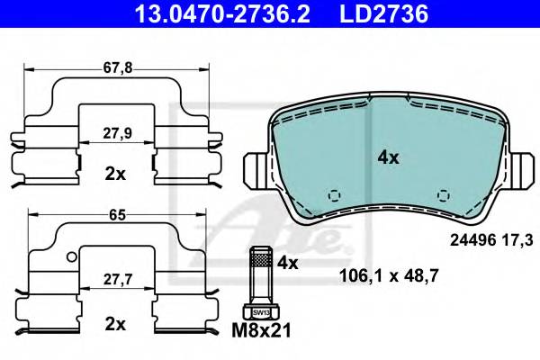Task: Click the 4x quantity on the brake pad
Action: [388, 157]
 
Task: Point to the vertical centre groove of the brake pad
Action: [374, 157]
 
